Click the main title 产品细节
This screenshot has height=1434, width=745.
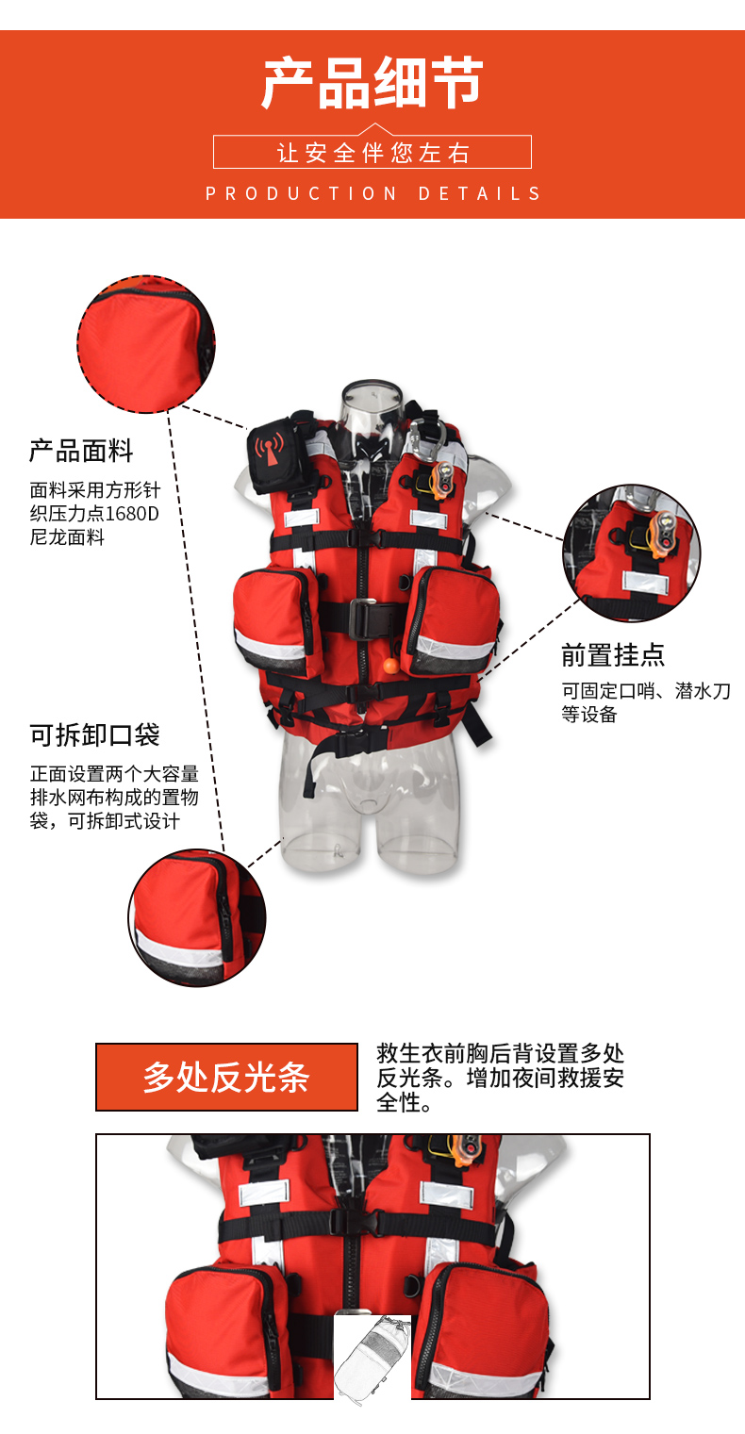point(372,84)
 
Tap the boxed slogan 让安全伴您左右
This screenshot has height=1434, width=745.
point(372,153)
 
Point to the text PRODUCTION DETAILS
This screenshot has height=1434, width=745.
point(373,193)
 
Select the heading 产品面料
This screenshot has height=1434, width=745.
point(81,451)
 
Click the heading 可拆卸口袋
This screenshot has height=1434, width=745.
point(94,734)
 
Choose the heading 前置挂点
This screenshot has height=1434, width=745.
point(613,654)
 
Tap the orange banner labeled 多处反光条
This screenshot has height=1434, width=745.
point(226,1077)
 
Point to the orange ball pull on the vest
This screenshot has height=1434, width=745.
point(389,667)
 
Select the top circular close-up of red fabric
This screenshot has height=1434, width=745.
point(146,344)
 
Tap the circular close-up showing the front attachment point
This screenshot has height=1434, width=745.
point(631,553)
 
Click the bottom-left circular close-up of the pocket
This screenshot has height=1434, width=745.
point(196,917)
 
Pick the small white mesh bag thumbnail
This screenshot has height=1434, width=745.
point(372,1358)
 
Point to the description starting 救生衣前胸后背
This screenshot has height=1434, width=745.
point(500,1078)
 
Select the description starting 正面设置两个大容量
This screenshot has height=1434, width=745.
point(114,797)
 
